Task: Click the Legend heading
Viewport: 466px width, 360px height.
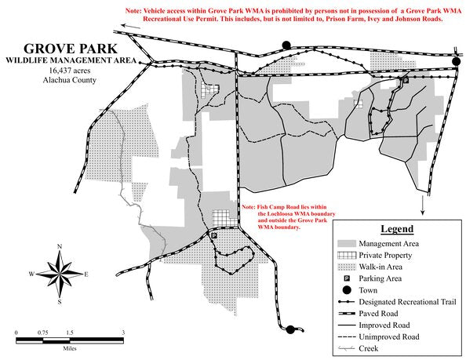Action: pyautogui.click(x=397, y=229)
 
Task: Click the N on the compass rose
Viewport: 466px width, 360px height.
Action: pyautogui.click(x=60, y=247)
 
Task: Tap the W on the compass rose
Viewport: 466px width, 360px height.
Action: pyautogui.click(x=31, y=274)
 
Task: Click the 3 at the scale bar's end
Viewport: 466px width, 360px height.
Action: pyautogui.click(x=123, y=333)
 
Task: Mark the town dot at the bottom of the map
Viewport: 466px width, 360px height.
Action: pyautogui.click(x=292, y=329)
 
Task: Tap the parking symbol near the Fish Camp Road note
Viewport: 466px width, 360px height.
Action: pyautogui.click(x=214, y=235)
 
